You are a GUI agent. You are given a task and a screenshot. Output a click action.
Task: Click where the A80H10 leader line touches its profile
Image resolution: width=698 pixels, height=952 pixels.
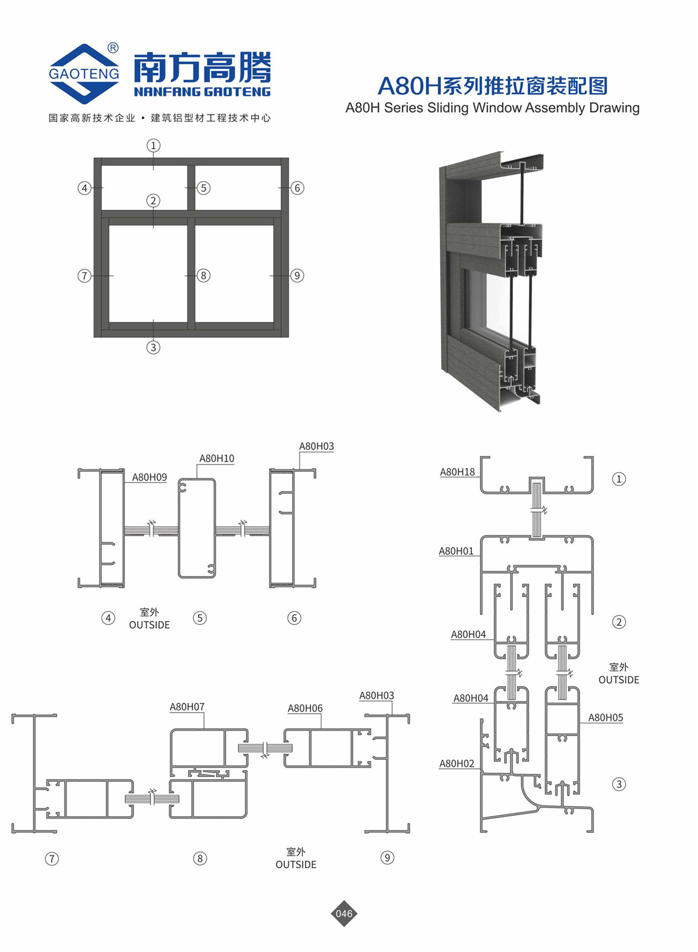(x=197, y=478)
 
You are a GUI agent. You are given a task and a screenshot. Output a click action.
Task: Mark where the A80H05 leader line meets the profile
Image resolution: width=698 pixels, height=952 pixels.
(x=579, y=723)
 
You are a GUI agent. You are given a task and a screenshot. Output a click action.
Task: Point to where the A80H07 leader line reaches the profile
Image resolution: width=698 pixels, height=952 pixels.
(x=204, y=729)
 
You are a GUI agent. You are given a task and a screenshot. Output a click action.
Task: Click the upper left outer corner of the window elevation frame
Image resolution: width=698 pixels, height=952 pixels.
(x=94, y=158)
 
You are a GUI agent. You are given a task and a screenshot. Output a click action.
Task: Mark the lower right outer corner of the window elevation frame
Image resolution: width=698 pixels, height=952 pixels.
(x=288, y=337)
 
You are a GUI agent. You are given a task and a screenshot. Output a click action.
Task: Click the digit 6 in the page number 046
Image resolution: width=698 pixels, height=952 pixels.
(x=350, y=913)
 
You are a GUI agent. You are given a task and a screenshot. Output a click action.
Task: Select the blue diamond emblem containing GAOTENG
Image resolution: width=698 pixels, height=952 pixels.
(x=84, y=73)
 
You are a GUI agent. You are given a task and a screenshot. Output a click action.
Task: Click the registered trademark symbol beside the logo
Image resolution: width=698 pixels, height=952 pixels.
(x=113, y=48)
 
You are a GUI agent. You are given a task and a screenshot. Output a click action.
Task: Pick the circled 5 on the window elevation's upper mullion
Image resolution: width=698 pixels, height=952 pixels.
(x=203, y=188)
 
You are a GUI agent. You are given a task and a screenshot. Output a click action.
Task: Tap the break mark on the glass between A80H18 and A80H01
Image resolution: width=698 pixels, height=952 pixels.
(x=544, y=510)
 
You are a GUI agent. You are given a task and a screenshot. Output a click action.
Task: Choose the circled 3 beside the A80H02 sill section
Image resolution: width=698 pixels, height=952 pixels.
(x=619, y=784)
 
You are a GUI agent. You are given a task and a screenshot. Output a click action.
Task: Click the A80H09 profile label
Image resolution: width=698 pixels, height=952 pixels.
(x=149, y=477)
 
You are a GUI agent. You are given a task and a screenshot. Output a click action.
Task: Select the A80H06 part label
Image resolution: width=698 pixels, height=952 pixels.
(x=305, y=708)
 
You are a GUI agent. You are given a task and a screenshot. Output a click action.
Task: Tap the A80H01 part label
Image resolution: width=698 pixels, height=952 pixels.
(x=456, y=551)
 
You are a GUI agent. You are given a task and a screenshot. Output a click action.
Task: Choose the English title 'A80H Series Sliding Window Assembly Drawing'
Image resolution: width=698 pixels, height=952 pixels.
(x=492, y=108)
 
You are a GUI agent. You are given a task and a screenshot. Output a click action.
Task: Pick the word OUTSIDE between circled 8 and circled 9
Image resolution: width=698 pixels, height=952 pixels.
(x=296, y=864)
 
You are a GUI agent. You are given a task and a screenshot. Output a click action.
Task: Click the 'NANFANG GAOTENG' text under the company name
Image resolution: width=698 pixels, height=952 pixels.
(x=202, y=92)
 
